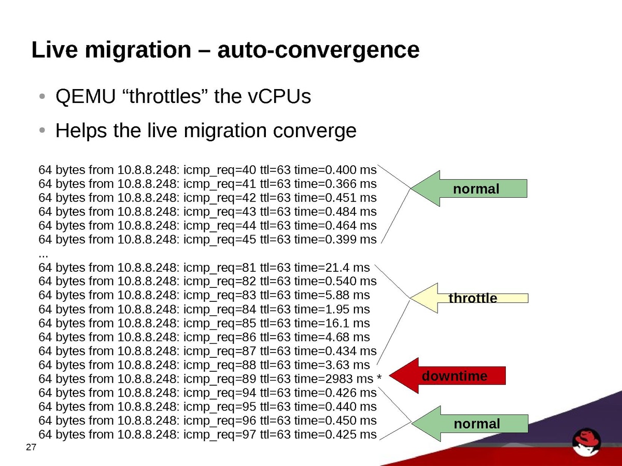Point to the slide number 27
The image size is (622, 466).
(x=31, y=447)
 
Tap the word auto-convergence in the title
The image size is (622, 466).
(x=318, y=50)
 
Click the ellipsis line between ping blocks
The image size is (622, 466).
(x=44, y=254)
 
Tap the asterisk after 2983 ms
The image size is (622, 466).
(x=379, y=378)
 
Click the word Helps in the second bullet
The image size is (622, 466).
(x=82, y=130)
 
